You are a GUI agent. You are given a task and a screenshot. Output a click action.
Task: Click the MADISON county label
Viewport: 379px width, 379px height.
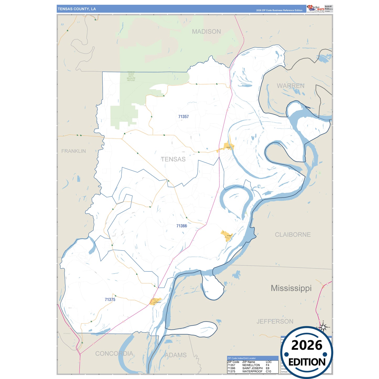pos(206,31)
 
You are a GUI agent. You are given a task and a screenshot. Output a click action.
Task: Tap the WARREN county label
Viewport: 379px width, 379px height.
pos(290,86)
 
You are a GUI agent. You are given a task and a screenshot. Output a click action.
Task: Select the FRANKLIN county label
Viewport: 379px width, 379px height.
pos(73,151)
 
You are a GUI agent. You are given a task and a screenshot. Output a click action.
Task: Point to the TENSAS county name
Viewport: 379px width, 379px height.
pos(173,159)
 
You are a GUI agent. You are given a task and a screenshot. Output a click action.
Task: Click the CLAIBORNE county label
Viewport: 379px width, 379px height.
pos(292,234)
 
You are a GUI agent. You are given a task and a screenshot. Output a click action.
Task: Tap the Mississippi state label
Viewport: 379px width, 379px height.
pos(291,288)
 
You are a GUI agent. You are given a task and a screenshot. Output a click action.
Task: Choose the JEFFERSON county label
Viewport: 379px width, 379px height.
pos(275,321)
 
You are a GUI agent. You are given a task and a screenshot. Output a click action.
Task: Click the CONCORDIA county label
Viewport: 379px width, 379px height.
pos(114,354)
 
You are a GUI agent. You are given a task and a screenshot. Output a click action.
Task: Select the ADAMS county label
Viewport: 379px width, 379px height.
pos(175,355)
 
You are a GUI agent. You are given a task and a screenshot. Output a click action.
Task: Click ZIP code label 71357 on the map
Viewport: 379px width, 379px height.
pos(183,117)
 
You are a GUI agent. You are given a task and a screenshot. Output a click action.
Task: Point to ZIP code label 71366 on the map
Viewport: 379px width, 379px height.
pos(182,226)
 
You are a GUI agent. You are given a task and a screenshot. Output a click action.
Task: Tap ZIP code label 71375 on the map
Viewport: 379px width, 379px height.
pos(110,300)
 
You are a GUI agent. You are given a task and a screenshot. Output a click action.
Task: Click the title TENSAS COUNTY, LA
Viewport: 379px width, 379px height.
pos(77,9)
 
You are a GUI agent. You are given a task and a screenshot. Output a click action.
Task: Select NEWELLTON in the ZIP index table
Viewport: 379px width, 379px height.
pos(251,365)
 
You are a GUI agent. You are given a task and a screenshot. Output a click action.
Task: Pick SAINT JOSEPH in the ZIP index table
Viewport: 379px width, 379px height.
pos(252,368)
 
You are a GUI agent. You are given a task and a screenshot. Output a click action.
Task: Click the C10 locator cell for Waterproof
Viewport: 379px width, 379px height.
pos(268,371)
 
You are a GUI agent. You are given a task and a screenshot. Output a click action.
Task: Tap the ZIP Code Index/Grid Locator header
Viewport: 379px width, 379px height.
pos(241,358)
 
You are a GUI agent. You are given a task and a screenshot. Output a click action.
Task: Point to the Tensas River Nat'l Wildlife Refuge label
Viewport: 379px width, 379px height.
pos(131,76)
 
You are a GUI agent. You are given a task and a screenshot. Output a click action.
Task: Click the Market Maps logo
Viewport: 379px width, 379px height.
pos(316,8)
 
